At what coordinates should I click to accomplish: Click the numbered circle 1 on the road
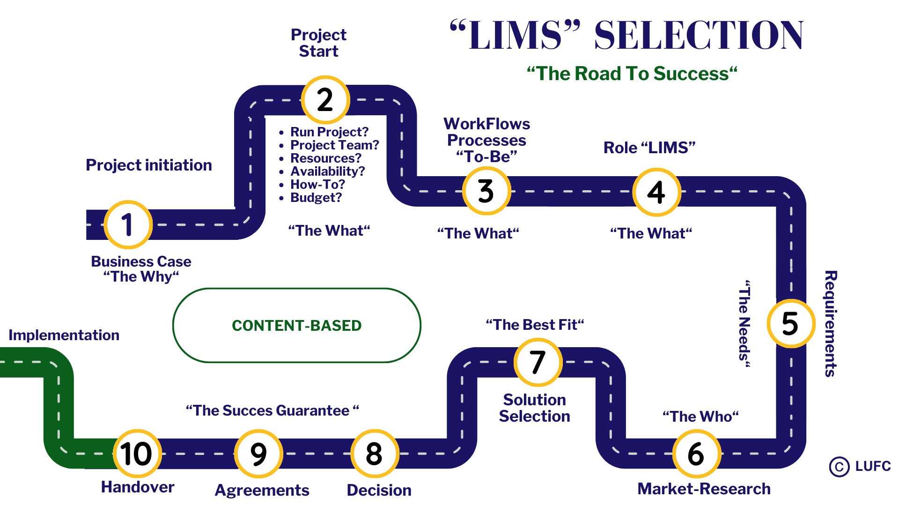tap(128, 224)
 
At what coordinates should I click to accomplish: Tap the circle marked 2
tap(325, 100)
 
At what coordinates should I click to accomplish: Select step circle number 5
tap(791, 323)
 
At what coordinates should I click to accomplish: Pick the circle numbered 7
tap(538, 362)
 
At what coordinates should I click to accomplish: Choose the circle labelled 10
tap(137, 454)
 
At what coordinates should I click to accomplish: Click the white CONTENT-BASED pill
tap(297, 325)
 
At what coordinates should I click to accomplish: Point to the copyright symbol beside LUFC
tap(839, 467)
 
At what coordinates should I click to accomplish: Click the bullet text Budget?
tap(316, 198)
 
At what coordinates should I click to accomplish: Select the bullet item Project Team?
tap(334, 145)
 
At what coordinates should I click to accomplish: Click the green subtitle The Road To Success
tap(632, 74)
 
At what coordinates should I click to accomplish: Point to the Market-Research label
tap(704, 489)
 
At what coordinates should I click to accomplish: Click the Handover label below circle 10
tap(138, 487)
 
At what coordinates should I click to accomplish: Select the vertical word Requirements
tap(831, 323)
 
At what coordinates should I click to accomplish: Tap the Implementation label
tap(64, 335)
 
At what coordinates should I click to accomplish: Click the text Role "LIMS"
tap(649, 148)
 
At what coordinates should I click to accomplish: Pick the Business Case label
tap(141, 261)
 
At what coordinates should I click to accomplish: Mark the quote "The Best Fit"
tap(535, 325)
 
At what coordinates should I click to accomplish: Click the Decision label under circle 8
tap(379, 490)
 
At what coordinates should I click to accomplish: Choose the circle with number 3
tap(486, 191)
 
